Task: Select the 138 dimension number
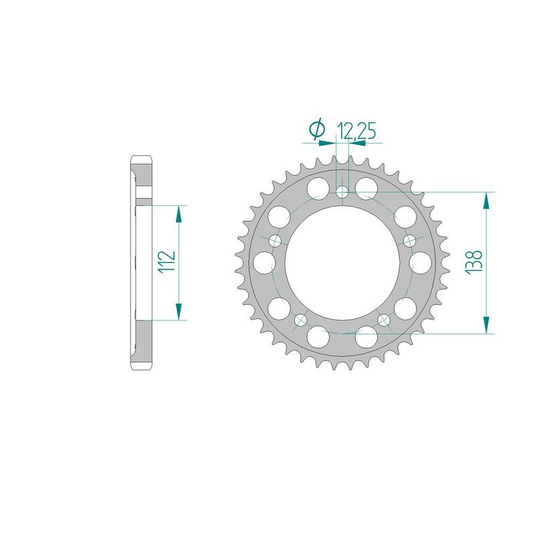tap(473, 262)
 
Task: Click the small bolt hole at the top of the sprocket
tap(342, 193)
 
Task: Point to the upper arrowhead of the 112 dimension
tap(179, 213)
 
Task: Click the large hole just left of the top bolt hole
tap(320, 186)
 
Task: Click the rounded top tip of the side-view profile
tap(141, 158)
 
